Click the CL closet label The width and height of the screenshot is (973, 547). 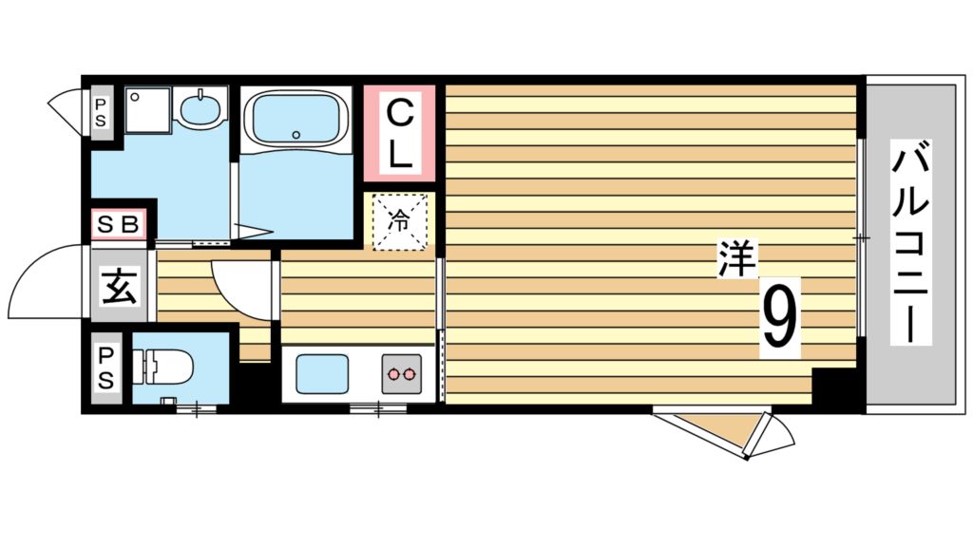400,133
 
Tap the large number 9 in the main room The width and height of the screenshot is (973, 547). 779,318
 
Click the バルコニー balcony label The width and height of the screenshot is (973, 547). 909,243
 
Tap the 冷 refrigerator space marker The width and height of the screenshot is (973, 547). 400,222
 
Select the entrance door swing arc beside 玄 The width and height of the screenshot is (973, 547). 46,283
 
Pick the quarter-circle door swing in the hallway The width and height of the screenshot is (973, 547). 239,289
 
